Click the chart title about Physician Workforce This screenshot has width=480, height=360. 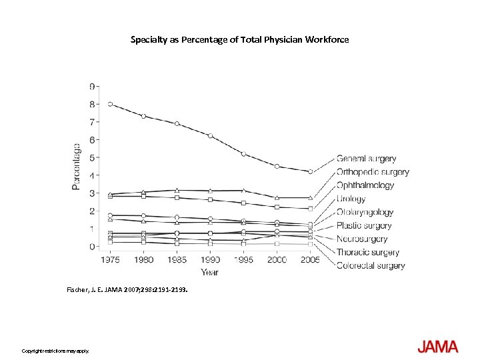tap(239, 40)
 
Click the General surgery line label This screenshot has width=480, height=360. tap(366, 159)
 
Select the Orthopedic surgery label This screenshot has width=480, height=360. tap(373, 172)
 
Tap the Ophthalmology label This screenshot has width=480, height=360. tap(365, 185)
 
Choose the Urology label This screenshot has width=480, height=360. tap(351, 199)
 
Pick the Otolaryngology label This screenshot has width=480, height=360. tap(365, 212)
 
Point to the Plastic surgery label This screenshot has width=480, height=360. tap(363, 225)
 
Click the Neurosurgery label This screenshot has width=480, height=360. tap(362, 239)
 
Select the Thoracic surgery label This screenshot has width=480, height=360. tap(367, 252)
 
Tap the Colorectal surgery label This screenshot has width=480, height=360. tap(371, 265)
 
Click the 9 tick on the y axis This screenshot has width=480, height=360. tap(92, 86)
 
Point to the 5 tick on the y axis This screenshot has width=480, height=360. tap(92, 157)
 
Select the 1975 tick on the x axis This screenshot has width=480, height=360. tap(110, 260)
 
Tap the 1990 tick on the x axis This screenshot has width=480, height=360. tap(210, 260)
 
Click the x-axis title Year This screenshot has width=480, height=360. tap(210, 272)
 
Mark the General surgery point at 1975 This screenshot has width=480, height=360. tap(110, 104)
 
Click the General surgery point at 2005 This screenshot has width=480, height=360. tap(311, 172)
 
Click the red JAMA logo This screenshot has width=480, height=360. tap(437, 347)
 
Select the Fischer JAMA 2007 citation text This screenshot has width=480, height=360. tap(127, 290)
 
